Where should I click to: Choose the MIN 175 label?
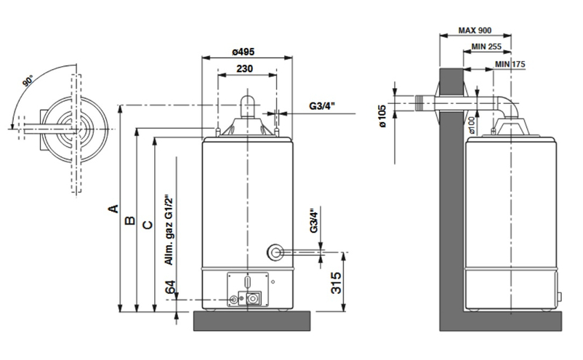(510, 64)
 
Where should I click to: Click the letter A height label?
(113, 209)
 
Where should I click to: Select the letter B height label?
(130, 220)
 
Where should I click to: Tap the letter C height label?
(147, 225)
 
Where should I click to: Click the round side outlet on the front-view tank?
(274, 252)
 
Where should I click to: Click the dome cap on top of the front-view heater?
(246, 105)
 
